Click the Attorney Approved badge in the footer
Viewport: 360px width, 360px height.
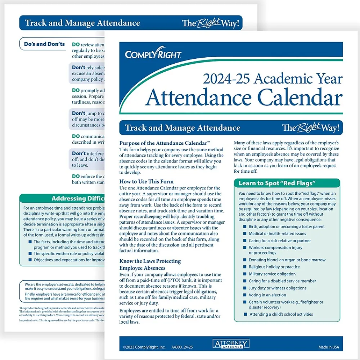(x=231, y=344)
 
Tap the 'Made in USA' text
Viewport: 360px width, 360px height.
(x=329, y=347)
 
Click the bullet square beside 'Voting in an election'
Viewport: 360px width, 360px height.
(x=244, y=295)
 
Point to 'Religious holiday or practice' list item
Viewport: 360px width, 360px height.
(x=274, y=267)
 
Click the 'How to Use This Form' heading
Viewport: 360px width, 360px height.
(x=146, y=181)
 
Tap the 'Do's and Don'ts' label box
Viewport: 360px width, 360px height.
(x=44, y=44)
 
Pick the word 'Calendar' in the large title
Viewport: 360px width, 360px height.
(x=299, y=98)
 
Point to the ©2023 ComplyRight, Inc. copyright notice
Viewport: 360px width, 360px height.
(x=144, y=347)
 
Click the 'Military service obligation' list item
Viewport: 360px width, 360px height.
(x=272, y=274)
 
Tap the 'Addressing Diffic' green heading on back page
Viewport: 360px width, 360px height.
(x=78, y=198)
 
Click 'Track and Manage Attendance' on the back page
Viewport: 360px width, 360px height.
(x=82, y=23)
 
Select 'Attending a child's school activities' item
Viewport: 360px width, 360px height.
(x=280, y=314)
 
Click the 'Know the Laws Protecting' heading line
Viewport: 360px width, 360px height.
(x=150, y=261)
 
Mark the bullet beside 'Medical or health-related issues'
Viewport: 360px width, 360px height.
(x=244, y=234)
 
